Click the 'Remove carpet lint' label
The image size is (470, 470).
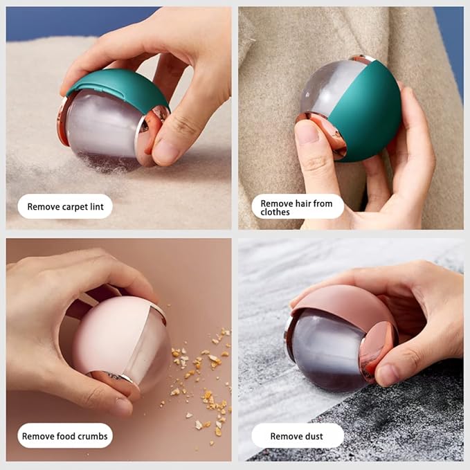tap(65, 206)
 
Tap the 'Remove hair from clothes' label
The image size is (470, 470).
tap(298, 206)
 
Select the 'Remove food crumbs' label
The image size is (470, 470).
tap(65, 436)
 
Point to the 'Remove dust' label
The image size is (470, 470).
tap(298, 436)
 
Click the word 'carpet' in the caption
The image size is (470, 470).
tap(73, 207)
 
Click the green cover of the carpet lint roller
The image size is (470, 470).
tap(120, 87)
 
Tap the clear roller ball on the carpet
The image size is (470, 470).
tap(102, 129)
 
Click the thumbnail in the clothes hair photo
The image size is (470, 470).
tap(307, 132)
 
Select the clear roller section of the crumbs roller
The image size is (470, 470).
tap(150, 351)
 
